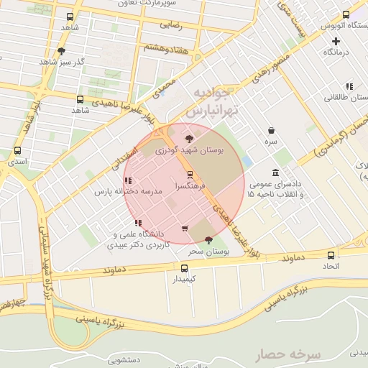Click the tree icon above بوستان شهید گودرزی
[x=189, y=138]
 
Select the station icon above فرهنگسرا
[x=190, y=174]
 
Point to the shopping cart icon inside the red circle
[x=185, y=229]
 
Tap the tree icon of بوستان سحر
[x=208, y=239]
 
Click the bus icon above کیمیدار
[x=185, y=267]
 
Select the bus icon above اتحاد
[x=331, y=255]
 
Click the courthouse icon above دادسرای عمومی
[x=276, y=172]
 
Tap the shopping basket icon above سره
[x=271, y=131]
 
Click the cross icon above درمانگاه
[x=336, y=41]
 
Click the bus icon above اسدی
[x=17, y=151]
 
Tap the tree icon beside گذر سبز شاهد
[x=61, y=51]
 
